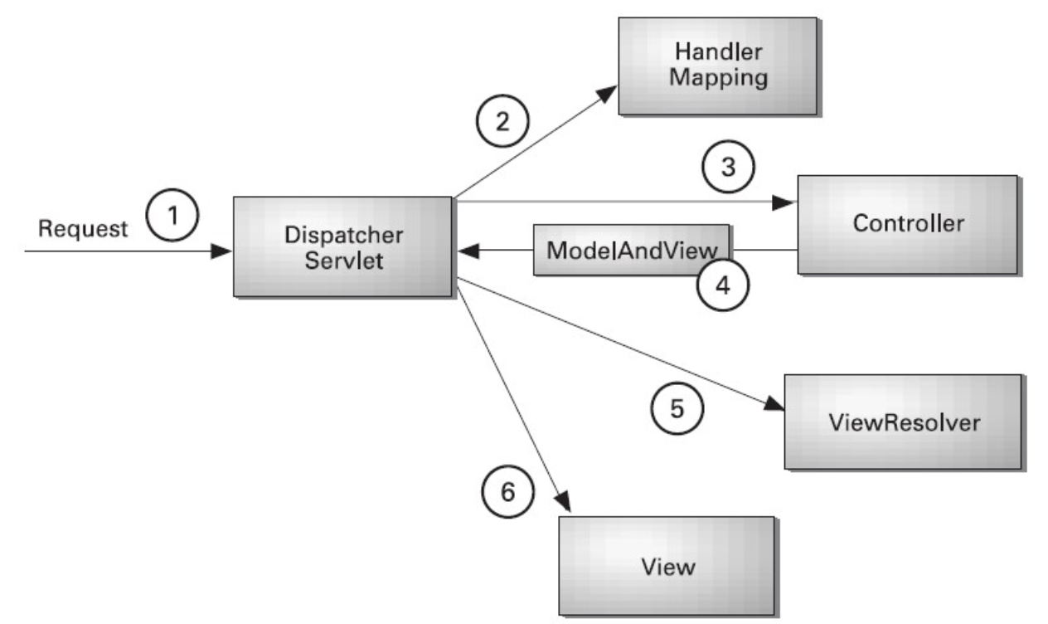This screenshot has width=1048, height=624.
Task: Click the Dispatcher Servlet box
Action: point(342,246)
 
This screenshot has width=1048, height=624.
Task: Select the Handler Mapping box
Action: point(718,66)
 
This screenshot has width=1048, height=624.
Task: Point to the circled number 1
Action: point(172,217)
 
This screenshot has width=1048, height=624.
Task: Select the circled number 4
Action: point(723,285)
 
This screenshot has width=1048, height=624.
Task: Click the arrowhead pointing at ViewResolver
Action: point(774,405)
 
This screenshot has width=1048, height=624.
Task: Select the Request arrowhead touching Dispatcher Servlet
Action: point(222,251)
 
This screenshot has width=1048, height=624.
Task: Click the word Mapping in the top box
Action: point(718,80)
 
